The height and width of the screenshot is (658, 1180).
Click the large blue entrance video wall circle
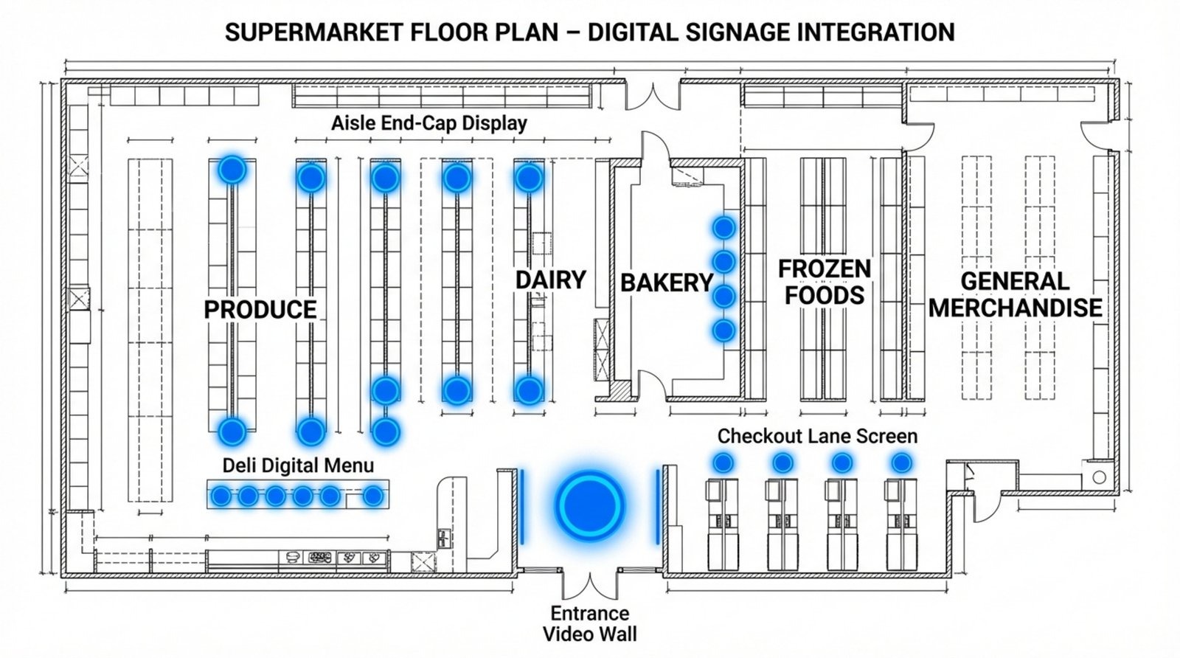pyautogui.click(x=589, y=505)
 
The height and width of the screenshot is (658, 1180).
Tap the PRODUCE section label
pyautogui.click(x=260, y=309)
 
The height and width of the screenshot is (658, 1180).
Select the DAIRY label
pyautogui.click(x=550, y=280)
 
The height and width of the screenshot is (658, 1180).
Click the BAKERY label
pyautogui.click(x=666, y=283)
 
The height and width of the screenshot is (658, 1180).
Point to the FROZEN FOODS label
pyautogui.click(x=825, y=281)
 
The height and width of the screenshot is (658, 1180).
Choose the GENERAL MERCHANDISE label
pyautogui.click(x=1015, y=294)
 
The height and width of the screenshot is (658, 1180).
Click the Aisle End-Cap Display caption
pyautogui.click(x=428, y=122)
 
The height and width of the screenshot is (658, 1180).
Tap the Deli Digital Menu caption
pyautogui.click(x=298, y=465)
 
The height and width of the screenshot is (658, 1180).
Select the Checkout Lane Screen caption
pyautogui.click(x=817, y=436)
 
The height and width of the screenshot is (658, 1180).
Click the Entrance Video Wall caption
pyautogui.click(x=589, y=623)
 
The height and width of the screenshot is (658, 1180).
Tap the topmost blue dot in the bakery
pyautogui.click(x=723, y=227)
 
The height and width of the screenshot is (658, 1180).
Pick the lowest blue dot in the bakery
pyautogui.click(x=723, y=330)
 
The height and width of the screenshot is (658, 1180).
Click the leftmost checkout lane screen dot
pyautogui.click(x=723, y=463)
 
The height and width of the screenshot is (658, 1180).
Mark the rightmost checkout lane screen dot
pyautogui.click(x=900, y=463)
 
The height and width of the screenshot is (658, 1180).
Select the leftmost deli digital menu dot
pyautogui.click(x=221, y=496)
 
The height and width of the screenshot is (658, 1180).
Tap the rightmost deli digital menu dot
pyautogui.click(x=373, y=496)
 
